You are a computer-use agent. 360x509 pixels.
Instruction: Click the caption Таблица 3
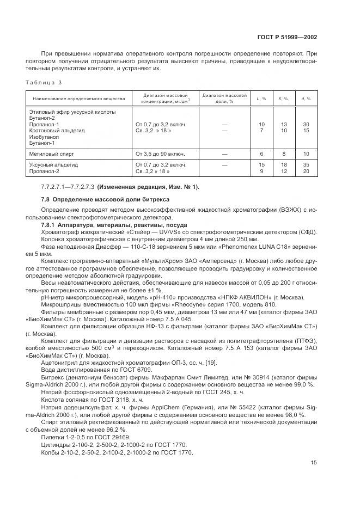44,82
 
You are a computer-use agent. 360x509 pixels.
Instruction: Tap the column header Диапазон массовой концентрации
164,99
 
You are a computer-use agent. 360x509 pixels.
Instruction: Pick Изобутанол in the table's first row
44,137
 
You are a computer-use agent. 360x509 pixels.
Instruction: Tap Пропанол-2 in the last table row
44,171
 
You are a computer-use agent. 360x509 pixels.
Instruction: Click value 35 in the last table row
306,164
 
